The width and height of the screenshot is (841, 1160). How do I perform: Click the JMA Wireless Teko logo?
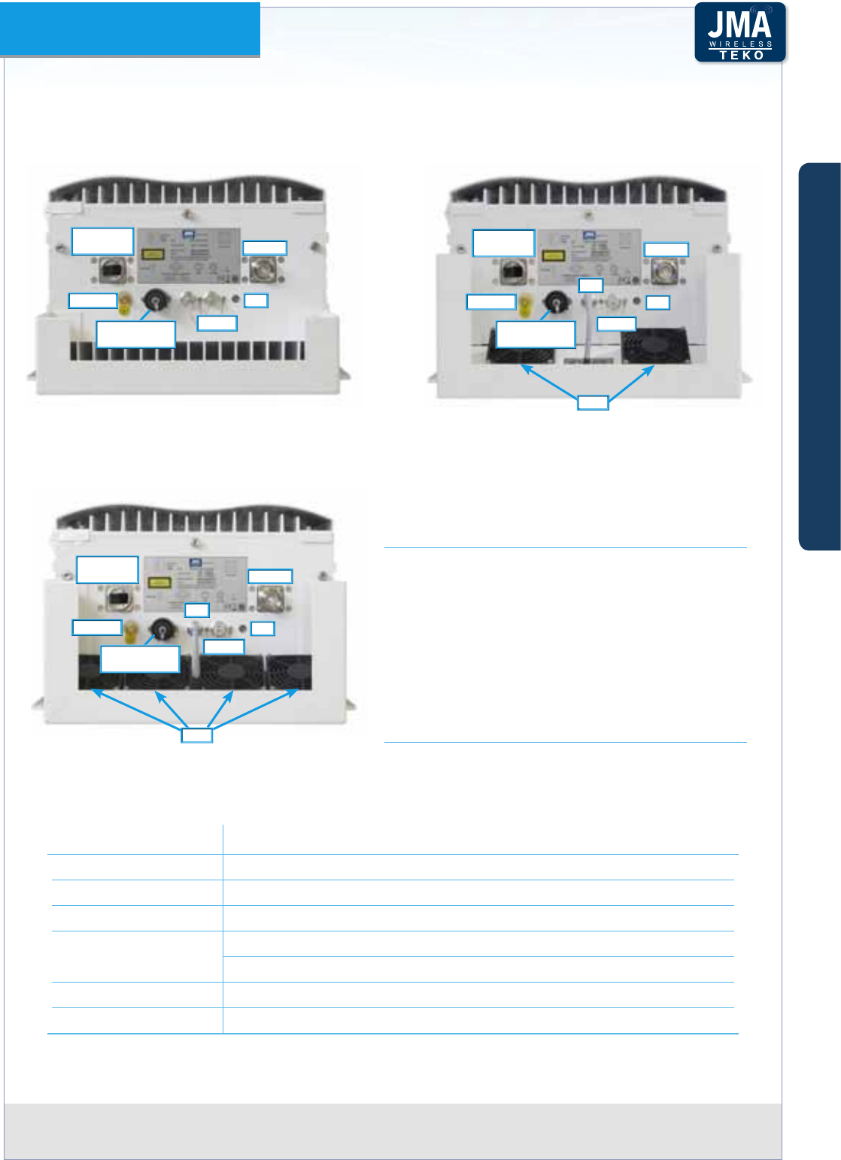[x=740, y=32]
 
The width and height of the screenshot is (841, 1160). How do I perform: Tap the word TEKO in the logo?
[x=741, y=55]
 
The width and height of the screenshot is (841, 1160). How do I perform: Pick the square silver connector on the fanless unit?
[x=265, y=268]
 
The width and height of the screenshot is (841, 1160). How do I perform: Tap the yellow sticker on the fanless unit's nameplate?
[x=153, y=255]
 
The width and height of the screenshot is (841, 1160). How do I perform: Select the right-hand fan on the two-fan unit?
[x=652, y=347]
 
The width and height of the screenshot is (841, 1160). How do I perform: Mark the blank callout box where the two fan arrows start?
[x=593, y=402]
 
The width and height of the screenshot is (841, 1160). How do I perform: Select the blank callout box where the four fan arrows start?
[x=197, y=734]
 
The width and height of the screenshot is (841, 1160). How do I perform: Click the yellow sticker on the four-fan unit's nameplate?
[x=158, y=582]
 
